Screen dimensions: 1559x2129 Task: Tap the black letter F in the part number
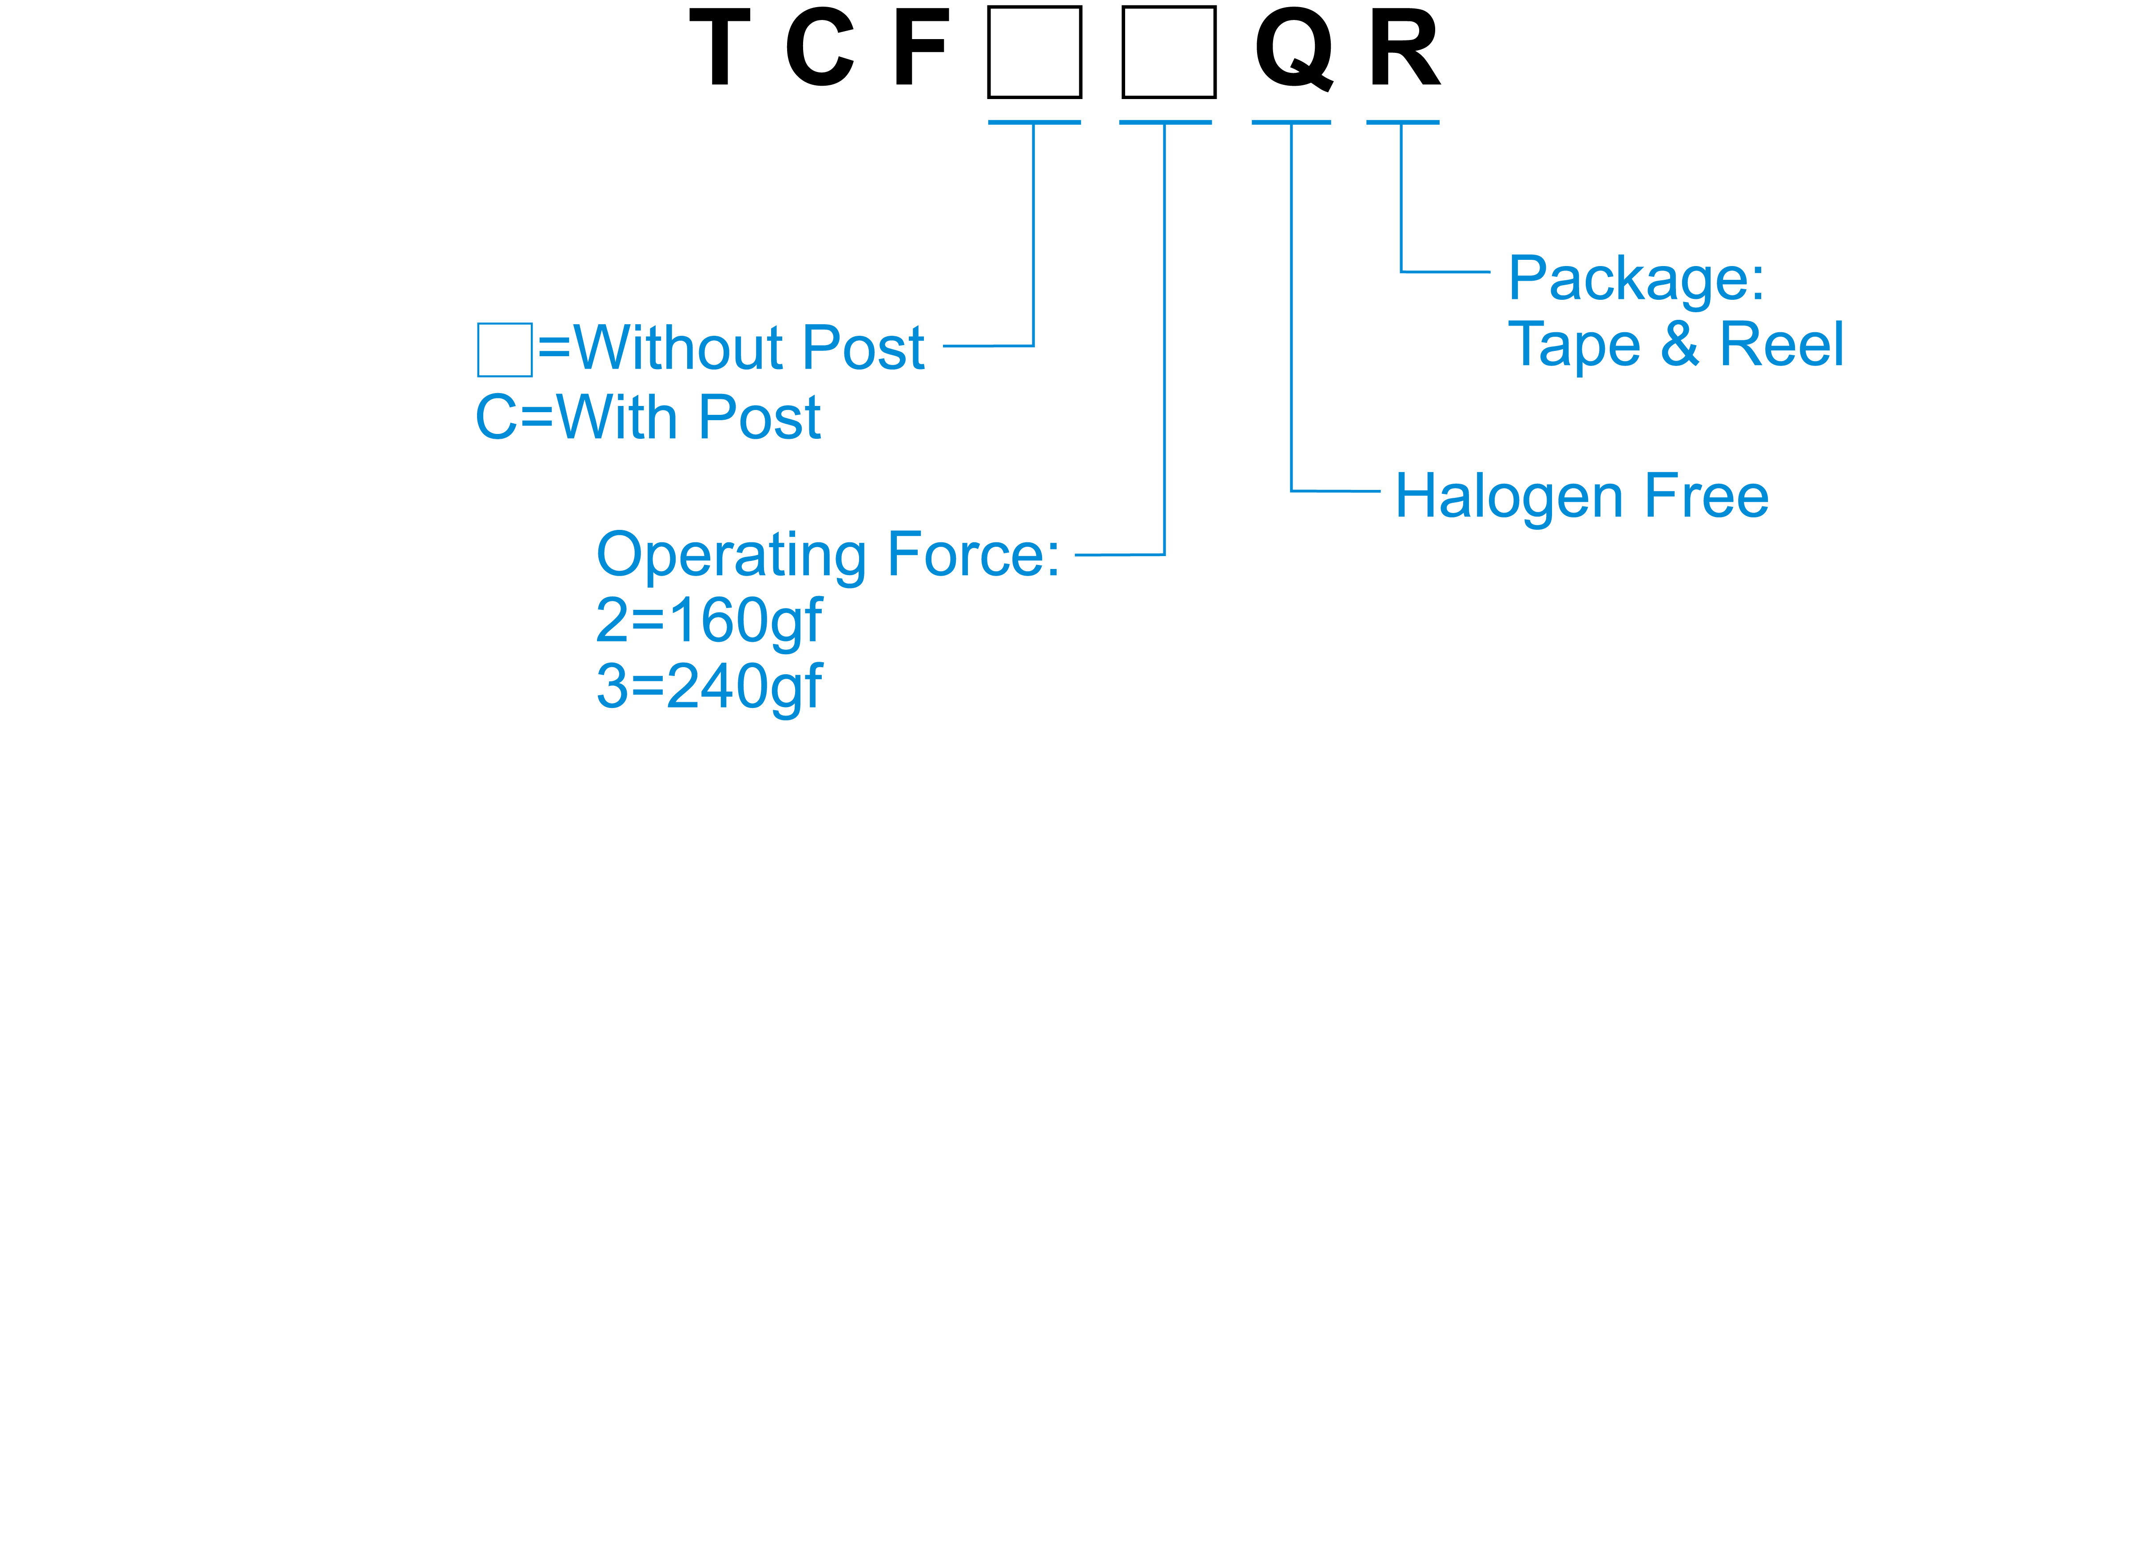920,47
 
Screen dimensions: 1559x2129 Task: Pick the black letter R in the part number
1404,47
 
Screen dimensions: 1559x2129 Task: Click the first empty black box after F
1035,52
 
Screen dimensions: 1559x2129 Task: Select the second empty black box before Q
1168,52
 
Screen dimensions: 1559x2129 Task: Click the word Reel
1782,345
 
